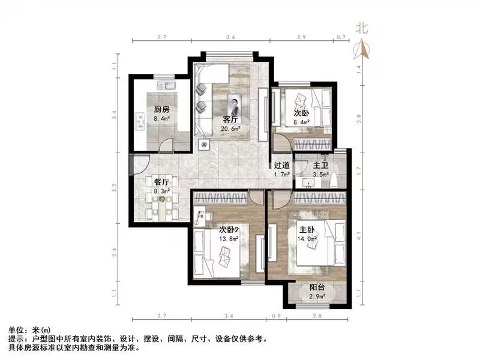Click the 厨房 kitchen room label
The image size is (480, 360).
coord(161,109)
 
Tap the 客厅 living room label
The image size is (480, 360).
coord(230,119)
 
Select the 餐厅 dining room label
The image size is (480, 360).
coord(161,182)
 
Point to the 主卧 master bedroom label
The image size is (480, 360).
coord(307,229)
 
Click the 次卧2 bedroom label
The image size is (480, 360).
coord(229,229)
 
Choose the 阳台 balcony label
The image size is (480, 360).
coord(317,287)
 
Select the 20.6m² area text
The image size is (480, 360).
coord(231,128)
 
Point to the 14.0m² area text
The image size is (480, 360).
coord(307,238)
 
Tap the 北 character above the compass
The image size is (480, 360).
coord(361,27)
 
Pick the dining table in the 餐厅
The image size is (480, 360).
coord(161,204)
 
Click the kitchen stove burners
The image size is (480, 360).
coord(141,121)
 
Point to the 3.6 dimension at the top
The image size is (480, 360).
coord(230,37)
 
